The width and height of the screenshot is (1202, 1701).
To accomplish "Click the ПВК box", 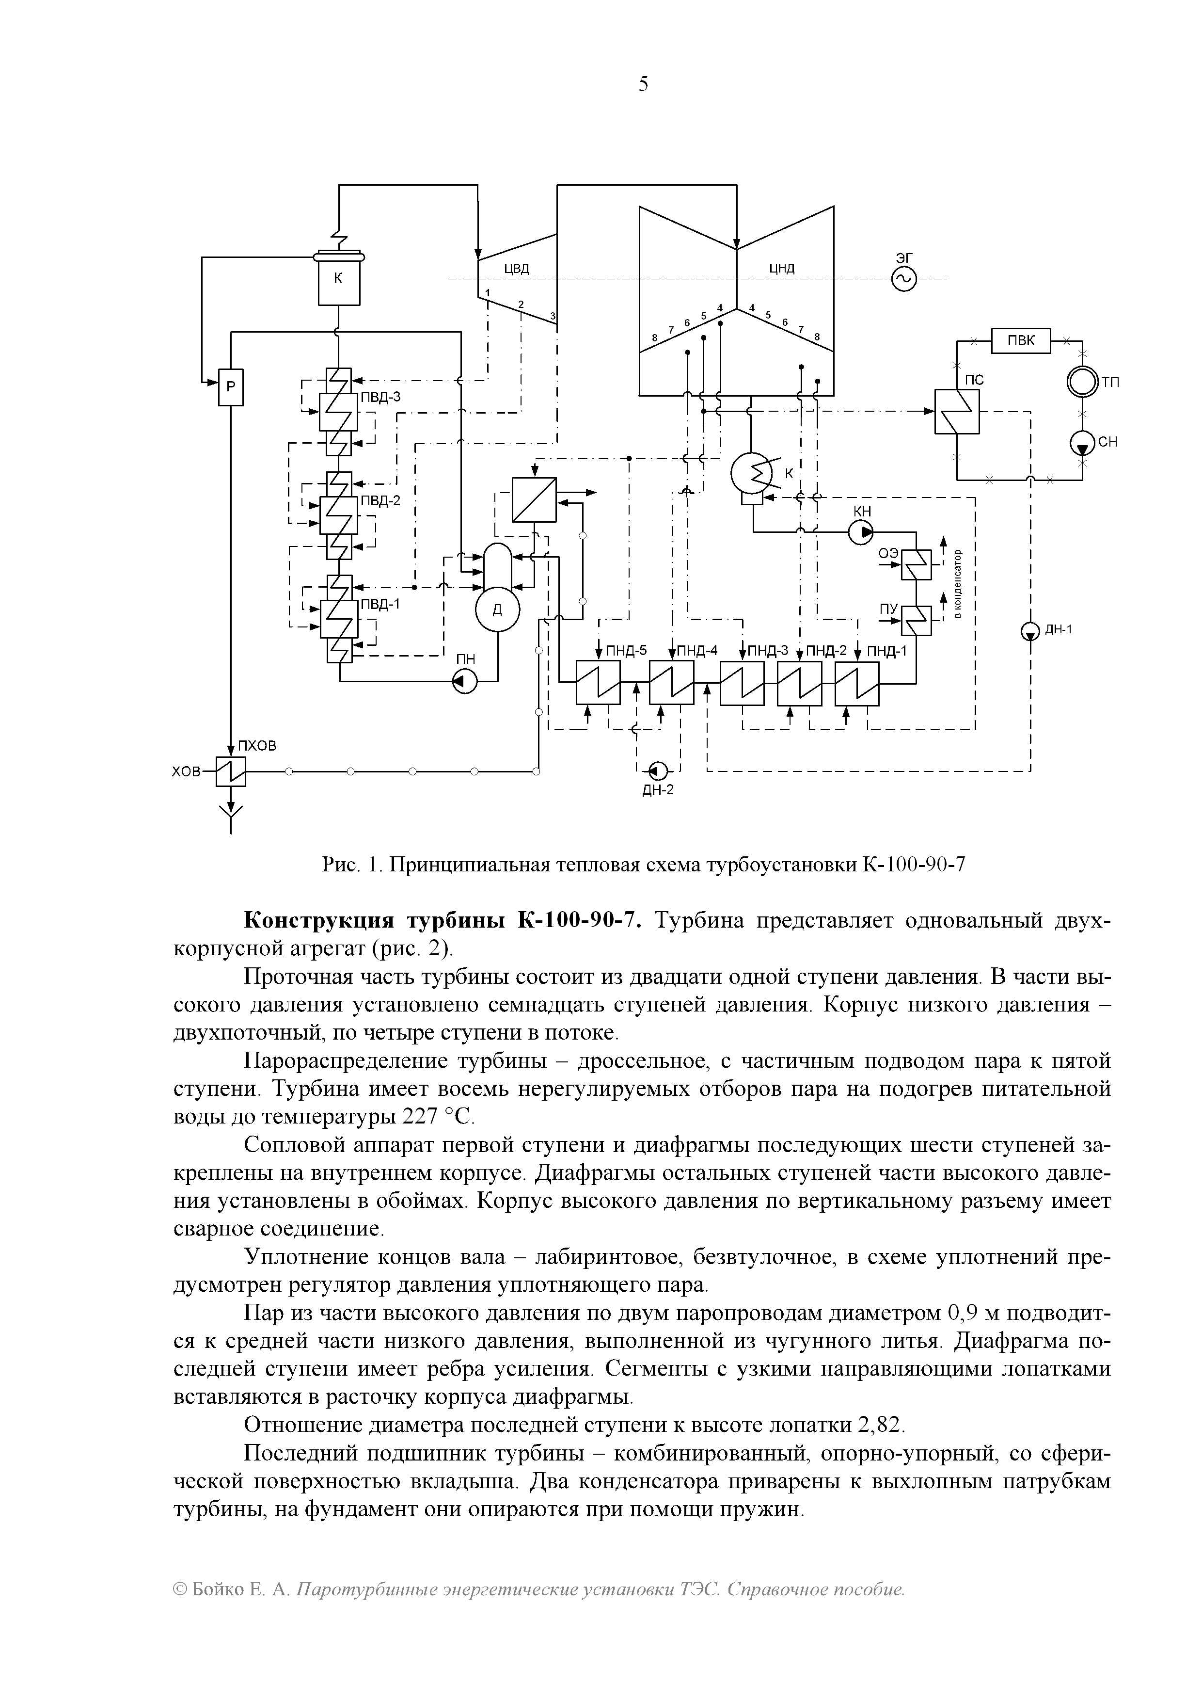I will pos(1021,341).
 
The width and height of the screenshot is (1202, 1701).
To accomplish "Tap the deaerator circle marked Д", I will pos(497,609).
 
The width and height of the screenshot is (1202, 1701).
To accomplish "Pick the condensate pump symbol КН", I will pos(861,532).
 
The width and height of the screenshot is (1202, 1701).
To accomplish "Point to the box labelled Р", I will pos(230,387).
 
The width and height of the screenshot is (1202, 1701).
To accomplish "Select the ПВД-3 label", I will pos(380,397).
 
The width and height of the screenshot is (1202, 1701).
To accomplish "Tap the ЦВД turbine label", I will pos(516,268).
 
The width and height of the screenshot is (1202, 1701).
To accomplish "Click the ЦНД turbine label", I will pos(781,268).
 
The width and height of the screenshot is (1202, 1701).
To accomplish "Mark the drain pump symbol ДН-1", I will pos(1030,630).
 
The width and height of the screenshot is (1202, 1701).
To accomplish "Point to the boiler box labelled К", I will pos(338,279).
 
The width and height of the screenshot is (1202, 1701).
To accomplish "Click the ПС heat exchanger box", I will pos(956,412).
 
